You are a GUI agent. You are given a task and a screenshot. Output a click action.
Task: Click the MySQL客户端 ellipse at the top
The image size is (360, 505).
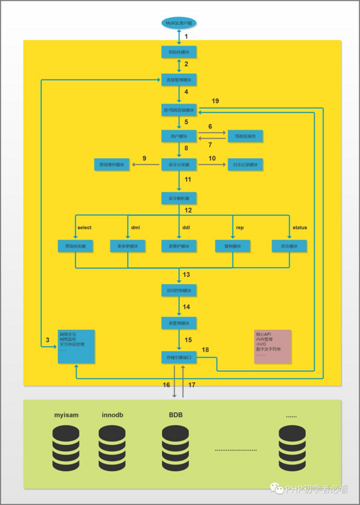coord(179,23)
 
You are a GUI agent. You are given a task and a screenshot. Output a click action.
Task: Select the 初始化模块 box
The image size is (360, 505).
coord(179,52)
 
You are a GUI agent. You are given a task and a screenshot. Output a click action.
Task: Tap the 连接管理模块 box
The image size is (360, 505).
coord(179,79)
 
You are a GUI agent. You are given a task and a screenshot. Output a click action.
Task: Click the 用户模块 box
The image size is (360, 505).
coord(179,136)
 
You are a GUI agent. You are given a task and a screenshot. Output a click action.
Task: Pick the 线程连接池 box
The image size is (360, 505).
coord(246,136)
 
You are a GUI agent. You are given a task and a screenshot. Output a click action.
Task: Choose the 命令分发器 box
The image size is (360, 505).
coord(179,164)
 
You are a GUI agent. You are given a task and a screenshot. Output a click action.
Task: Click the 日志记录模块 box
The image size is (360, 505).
coord(246,164)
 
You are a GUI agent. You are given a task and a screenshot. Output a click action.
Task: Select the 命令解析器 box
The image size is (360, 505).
coord(179,198)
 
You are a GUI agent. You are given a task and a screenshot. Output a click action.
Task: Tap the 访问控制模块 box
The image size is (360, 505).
coord(179,290)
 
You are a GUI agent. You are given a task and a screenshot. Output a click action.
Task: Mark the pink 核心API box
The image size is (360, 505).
coord(272,346)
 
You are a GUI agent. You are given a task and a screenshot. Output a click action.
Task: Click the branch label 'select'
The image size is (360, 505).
coord(84,227)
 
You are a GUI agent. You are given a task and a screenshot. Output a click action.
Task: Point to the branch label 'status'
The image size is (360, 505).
coord(299,227)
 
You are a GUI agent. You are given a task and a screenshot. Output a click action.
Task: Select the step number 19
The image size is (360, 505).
coord(215,101)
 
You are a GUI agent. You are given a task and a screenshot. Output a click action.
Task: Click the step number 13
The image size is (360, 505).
coord(186,275)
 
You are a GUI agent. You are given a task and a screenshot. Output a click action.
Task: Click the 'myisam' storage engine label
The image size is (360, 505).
coord(68,415)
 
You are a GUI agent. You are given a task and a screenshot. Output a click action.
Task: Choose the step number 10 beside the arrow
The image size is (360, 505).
coord(212,158)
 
